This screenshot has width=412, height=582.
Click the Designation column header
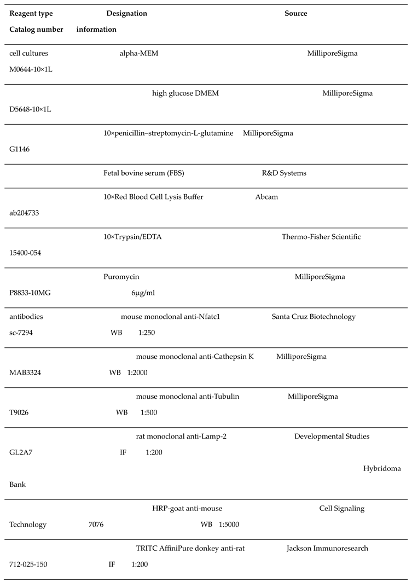click(x=126, y=13)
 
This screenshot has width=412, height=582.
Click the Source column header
click(x=295, y=13)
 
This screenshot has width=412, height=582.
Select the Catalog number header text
click(x=36, y=29)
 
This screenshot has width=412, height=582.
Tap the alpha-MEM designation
click(x=139, y=53)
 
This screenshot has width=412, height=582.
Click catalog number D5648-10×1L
click(x=33, y=109)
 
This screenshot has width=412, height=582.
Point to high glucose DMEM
click(x=185, y=93)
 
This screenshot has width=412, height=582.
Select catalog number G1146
click(x=20, y=149)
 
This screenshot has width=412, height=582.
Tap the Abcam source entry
click(x=266, y=197)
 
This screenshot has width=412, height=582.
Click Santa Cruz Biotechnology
click(x=314, y=317)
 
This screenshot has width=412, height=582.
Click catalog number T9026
click(x=19, y=412)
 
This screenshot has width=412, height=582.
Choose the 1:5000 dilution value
click(x=229, y=525)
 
